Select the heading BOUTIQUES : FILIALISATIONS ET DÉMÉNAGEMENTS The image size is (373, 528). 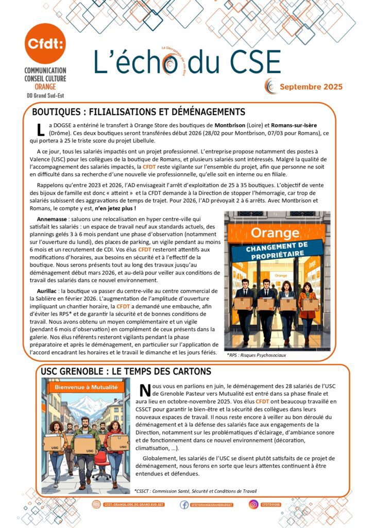138,112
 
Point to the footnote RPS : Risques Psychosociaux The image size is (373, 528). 257,355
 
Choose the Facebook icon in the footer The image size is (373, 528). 184,504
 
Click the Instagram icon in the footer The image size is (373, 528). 253,504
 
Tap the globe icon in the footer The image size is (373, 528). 96,504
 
